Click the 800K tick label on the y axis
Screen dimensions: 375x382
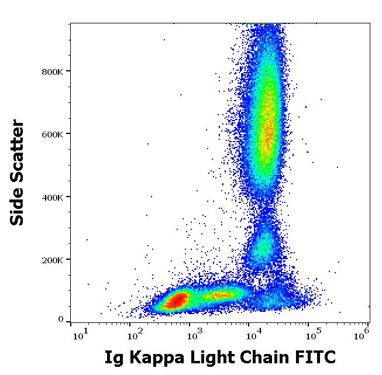click(x=53, y=71)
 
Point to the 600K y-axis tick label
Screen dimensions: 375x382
click(x=53, y=134)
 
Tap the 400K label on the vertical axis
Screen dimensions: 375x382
click(x=53, y=197)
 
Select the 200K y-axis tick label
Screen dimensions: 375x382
click(x=53, y=260)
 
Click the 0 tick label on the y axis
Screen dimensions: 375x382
click(x=61, y=319)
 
